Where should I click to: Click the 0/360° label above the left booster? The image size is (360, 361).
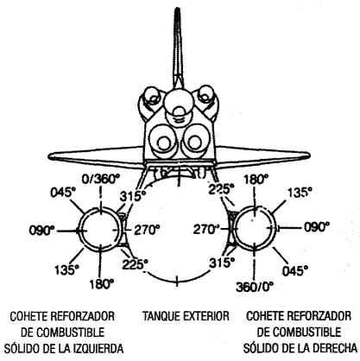point(100,180)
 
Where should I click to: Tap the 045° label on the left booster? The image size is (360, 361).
point(61,193)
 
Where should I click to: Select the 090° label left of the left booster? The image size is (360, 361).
point(41,231)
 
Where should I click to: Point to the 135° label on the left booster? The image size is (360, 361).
point(66,269)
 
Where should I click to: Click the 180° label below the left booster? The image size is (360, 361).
point(102,284)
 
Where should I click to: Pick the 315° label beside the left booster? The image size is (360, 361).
point(133,197)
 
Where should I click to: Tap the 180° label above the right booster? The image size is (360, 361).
point(256,180)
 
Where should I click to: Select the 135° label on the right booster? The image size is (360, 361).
point(300,193)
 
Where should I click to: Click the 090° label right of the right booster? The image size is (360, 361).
point(317,227)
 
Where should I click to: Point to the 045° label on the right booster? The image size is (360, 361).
point(295,271)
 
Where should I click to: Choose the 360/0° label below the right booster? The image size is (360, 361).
point(255,287)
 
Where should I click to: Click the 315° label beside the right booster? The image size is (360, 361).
point(222,263)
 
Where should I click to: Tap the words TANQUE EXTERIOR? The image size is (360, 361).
point(186,316)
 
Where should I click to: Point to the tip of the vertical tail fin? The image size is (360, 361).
point(178,9)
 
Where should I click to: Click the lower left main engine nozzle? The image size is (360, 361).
point(163,142)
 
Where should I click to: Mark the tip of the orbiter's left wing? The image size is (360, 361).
point(49,155)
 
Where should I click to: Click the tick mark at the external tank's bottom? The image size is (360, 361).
point(177,281)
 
